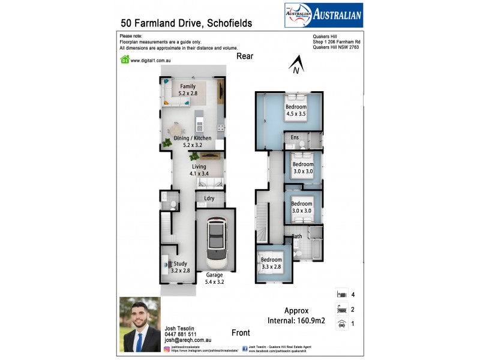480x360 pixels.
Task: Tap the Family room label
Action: pyautogui.click(x=188, y=90)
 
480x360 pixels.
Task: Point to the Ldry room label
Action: pyautogui.click(x=209, y=199)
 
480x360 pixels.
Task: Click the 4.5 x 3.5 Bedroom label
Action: pyautogui.click(x=295, y=110)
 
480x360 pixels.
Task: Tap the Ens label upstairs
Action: pyautogui.click(x=295, y=138)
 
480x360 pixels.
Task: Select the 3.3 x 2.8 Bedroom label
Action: pyautogui.click(x=271, y=263)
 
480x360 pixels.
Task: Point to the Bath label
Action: pyautogui.click(x=297, y=236)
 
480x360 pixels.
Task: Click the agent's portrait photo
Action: pyautogui.click(x=140, y=325)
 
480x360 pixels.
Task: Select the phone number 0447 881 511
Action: pyautogui.click(x=181, y=335)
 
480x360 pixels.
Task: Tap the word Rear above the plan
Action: pyautogui.click(x=245, y=56)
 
